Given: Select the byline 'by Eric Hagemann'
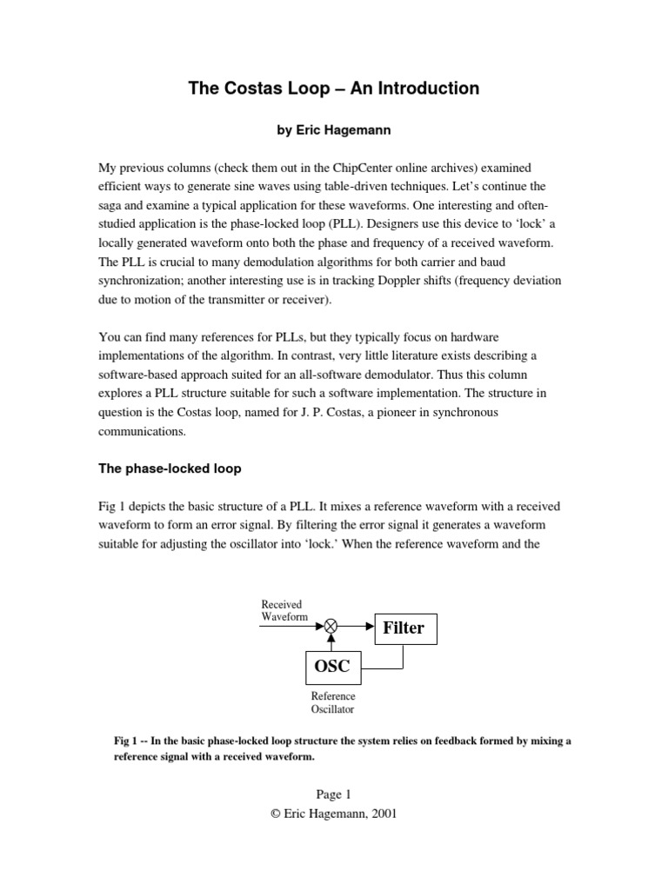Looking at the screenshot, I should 333,131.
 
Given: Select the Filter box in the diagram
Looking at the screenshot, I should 405,628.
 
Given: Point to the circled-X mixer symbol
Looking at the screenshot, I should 331,624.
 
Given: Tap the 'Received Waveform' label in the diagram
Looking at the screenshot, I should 284,610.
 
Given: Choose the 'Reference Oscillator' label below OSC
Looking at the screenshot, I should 333,703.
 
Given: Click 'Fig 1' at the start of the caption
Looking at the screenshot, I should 126,741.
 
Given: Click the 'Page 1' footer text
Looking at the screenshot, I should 333,794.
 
